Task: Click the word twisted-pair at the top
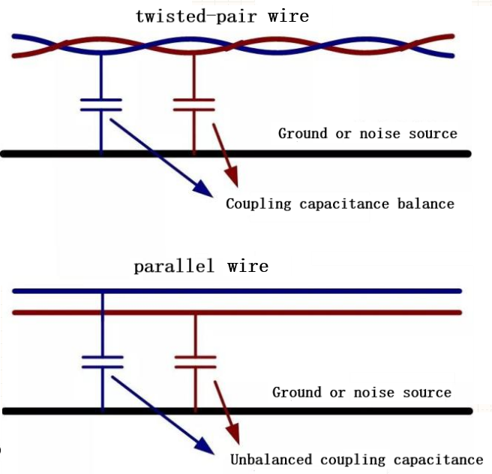198,16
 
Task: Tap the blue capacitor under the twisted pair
101,104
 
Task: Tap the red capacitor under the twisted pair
194,104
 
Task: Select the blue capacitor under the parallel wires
102,361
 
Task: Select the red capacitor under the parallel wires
195,361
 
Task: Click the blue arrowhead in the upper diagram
203,187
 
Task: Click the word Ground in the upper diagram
303,134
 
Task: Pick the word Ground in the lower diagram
297,393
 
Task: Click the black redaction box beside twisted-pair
299,17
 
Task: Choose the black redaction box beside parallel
257,266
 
